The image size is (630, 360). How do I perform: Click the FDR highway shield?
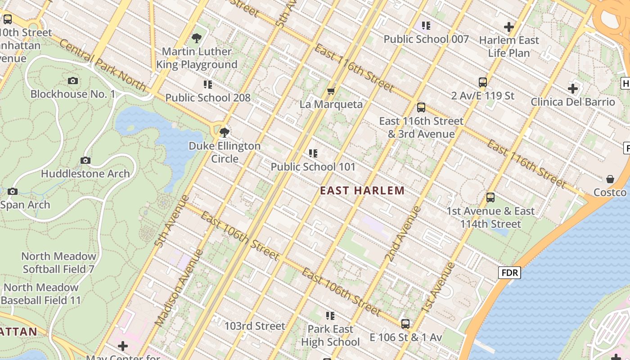pyautogui.click(x=509, y=272)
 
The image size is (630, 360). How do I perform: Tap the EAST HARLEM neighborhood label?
pyautogui.click(x=362, y=191)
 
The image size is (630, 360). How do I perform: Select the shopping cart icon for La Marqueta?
pyautogui.click(x=331, y=91)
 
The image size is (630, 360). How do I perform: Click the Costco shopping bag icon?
pyautogui.click(x=610, y=179)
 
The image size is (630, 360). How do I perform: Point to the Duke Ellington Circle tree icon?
pyautogui.click(x=224, y=133)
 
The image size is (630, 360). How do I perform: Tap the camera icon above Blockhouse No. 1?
pyautogui.click(x=73, y=81)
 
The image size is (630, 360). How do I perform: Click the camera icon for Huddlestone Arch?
pyautogui.click(x=85, y=161)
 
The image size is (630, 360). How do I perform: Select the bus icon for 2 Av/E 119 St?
pyautogui.click(x=483, y=82)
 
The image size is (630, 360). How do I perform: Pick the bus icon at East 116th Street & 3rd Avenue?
pyautogui.click(x=421, y=108)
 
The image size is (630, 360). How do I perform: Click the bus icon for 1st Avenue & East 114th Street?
pyautogui.click(x=490, y=198)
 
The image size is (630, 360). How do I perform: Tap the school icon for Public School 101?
pyautogui.click(x=313, y=153)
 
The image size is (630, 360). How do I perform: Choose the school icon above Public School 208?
pyautogui.click(x=207, y=85)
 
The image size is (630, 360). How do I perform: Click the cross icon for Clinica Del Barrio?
pyautogui.click(x=572, y=89)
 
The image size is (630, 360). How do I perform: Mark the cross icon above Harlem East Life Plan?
pyautogui.click(x=509, y=27)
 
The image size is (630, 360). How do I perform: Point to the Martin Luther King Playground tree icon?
pyautogui.click(x=196, y=39)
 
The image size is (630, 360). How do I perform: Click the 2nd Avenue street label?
pyautogui.click(x=403, y=234)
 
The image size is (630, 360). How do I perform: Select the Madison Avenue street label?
pyautogui.click(x=179, y=288)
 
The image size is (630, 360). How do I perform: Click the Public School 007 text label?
pyautogui.click(x=426, y=39)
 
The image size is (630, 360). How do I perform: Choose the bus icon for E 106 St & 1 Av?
pyautogui.click(x=405, y=324)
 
